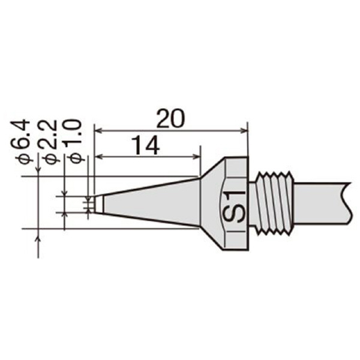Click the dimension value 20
(x=170, y=119)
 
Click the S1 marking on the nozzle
(x=235, y=205)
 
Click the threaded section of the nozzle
(x=274, y=203)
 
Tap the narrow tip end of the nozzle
(x=99, y=204)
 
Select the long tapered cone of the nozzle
(x=152, y=203)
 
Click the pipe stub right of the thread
(x=322, y=203)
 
